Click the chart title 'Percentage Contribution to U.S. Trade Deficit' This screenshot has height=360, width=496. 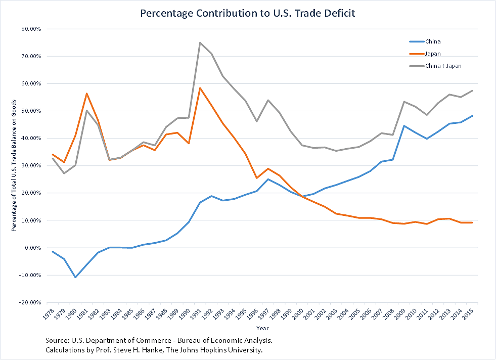248,13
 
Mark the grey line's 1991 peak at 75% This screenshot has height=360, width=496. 200,42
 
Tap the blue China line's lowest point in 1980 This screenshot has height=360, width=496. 75,277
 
